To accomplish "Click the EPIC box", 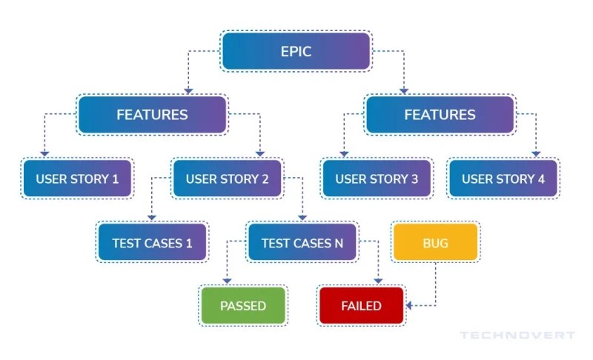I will [x=296, y=52].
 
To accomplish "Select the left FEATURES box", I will [x=152, y=115].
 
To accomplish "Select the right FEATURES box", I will [x=440, y=115].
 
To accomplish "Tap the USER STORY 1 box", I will [x=78, y=179].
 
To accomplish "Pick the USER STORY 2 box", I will [x=227, y=179].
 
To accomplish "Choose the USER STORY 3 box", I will [x=377, y=179].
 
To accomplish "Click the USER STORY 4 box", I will [x=503, y=179].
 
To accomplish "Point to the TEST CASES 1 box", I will [x=152, y=242].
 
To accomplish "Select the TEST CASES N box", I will [x=302, y=242].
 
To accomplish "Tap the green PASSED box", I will [x=243, y=305].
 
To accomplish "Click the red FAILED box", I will [x=361, y=305].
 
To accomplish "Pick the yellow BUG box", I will [x=435, y=242].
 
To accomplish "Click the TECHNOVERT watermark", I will [x=517, y=336].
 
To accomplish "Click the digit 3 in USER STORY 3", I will [x=414, y=179].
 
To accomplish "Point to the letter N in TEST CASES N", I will [x=348, y=242].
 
